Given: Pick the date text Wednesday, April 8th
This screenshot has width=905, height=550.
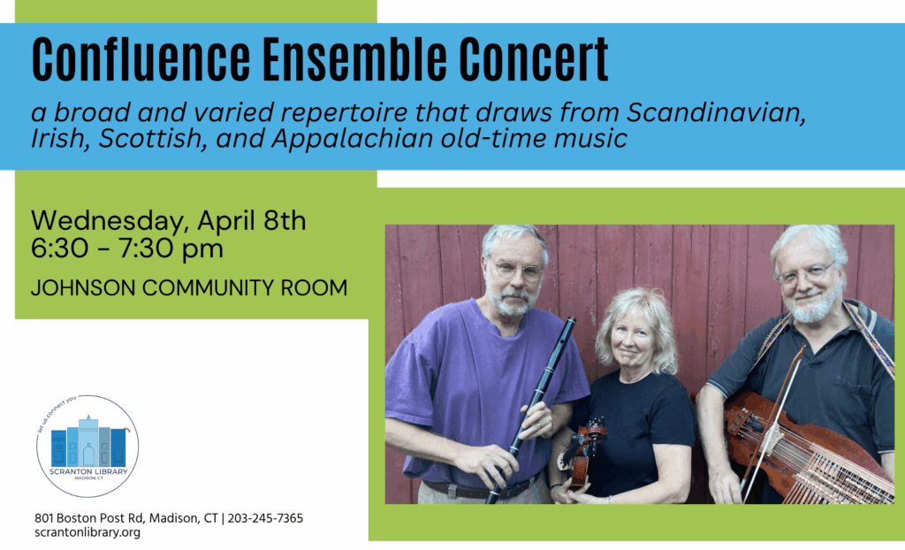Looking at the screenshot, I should (x=168, y=220).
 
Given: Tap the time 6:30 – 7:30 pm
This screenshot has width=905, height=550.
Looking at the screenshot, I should (x=127, y=248).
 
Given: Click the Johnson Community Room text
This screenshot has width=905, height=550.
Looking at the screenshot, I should (x=188, y=288).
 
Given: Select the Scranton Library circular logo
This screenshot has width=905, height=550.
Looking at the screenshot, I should (x=87, y=446).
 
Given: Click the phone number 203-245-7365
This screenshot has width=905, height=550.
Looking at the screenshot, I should (x=265, y=518).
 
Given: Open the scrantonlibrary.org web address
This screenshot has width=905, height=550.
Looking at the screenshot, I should (x=87, y=532).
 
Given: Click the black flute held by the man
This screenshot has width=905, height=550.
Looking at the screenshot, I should (x=532, y=407).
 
